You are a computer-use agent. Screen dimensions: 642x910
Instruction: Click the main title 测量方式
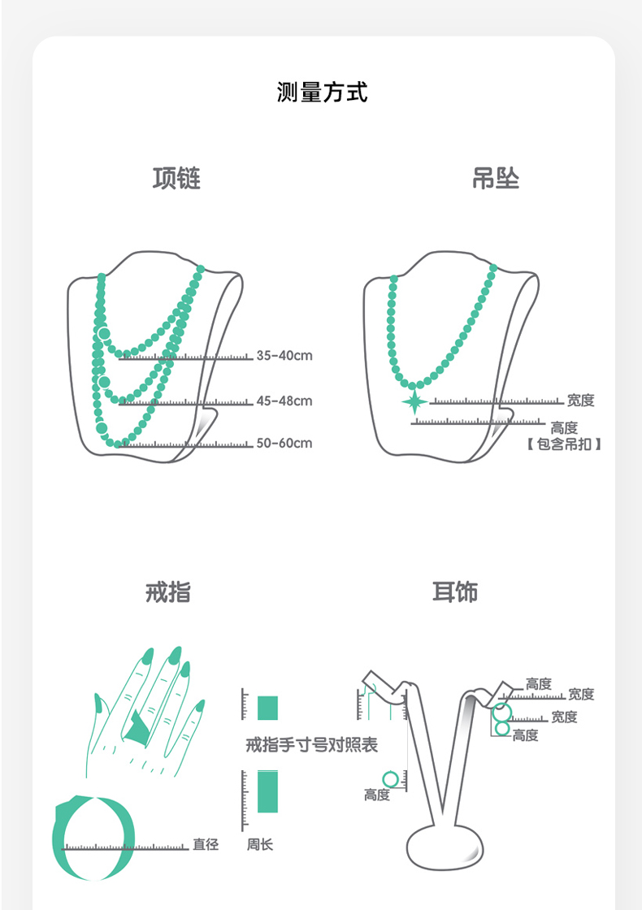(322, 93)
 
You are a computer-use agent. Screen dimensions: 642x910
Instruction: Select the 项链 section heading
(176, 179)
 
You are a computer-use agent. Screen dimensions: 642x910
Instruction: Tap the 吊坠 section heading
(495, 179)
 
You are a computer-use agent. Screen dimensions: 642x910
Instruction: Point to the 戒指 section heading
(168, 592)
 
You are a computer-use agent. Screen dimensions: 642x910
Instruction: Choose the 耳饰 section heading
(454, 592)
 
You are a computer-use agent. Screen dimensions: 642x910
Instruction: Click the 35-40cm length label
(284, 356)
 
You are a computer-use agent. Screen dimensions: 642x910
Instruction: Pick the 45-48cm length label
(284, 401)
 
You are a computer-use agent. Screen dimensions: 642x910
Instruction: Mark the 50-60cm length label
(284, 444)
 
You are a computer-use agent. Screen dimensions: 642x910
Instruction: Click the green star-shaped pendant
(414, 401)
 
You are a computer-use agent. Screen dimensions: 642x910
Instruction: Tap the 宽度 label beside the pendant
(581, 401)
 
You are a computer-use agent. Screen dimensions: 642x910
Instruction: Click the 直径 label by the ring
(206, 845)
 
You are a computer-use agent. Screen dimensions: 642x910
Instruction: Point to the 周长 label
(260, 845)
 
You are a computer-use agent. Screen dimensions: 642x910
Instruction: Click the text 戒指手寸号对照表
(312, 745)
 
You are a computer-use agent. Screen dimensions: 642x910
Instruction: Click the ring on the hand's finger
(137, 726)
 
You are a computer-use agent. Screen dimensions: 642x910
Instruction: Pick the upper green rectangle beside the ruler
(267, 707)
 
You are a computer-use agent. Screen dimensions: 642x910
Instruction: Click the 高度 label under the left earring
(377, 795)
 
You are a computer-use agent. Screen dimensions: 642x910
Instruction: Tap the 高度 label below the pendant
(563, 427)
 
